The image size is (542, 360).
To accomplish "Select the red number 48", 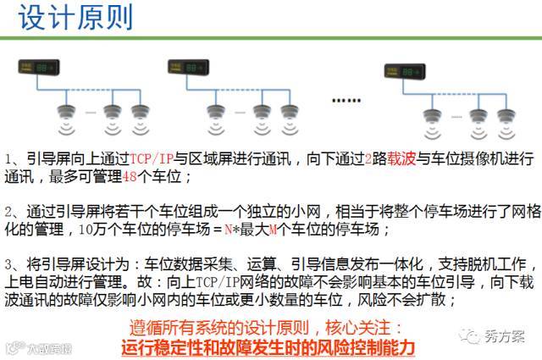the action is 130,177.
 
